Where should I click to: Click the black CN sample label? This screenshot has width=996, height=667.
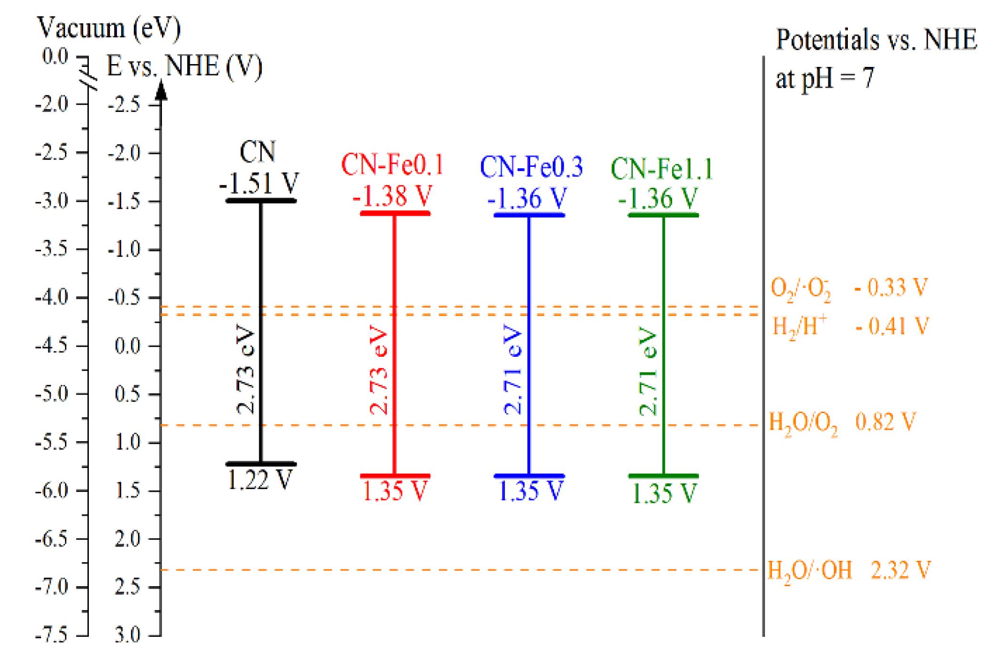(257, 152)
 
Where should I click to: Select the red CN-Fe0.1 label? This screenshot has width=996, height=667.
(392, 164)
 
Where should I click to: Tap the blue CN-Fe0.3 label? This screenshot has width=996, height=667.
(531, 167)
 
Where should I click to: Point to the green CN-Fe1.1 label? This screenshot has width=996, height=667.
(662, 169)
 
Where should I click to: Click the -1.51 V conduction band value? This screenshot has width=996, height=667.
(259, 183)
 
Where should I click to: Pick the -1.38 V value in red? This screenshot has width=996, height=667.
(393, 196)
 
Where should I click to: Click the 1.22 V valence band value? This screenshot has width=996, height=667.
(259, 480)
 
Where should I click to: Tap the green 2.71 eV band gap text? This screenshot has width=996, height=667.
(648, 371)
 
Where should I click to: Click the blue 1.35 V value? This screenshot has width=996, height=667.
(531, 491)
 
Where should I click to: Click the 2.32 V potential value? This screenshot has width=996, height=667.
(900, 570)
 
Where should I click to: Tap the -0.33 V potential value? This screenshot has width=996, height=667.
(891, 287)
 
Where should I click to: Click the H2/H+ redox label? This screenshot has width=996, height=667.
(800, 327)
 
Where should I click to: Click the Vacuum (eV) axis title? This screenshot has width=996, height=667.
(109, 28)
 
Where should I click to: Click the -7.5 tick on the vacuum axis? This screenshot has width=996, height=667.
(52, 635)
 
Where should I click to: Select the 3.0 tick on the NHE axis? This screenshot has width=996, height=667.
(128, 635)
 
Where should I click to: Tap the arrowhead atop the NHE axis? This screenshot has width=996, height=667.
(161, 90)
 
